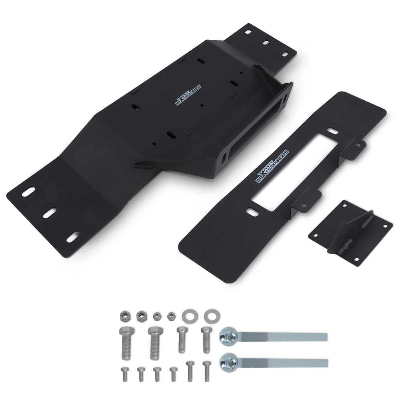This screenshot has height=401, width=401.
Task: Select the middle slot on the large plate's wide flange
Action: coord(50,213)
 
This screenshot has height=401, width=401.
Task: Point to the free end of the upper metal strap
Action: coord(323,337)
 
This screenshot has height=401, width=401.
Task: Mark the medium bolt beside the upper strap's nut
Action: coord(207,339)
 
